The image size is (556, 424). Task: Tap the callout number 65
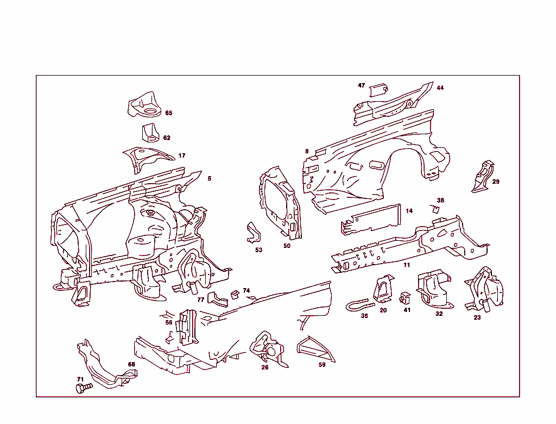click(168, 113)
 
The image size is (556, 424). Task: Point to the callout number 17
click(182, 155)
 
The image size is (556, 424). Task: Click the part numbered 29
click(483, 176)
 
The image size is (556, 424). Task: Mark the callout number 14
click(409, 211)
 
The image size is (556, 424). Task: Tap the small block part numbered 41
click(405, 298)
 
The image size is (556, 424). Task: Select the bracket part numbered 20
click(384, 288)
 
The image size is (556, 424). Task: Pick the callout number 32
click(439, 314)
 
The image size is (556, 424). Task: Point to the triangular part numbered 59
click(314, 349)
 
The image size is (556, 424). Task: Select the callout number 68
click(131, 364)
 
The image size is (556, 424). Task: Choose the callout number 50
click(287, 246)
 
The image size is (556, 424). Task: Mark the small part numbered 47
click(378, 90)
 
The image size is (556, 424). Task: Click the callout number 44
click(440, 88)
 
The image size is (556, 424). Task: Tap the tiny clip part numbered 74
click(235, 294)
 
